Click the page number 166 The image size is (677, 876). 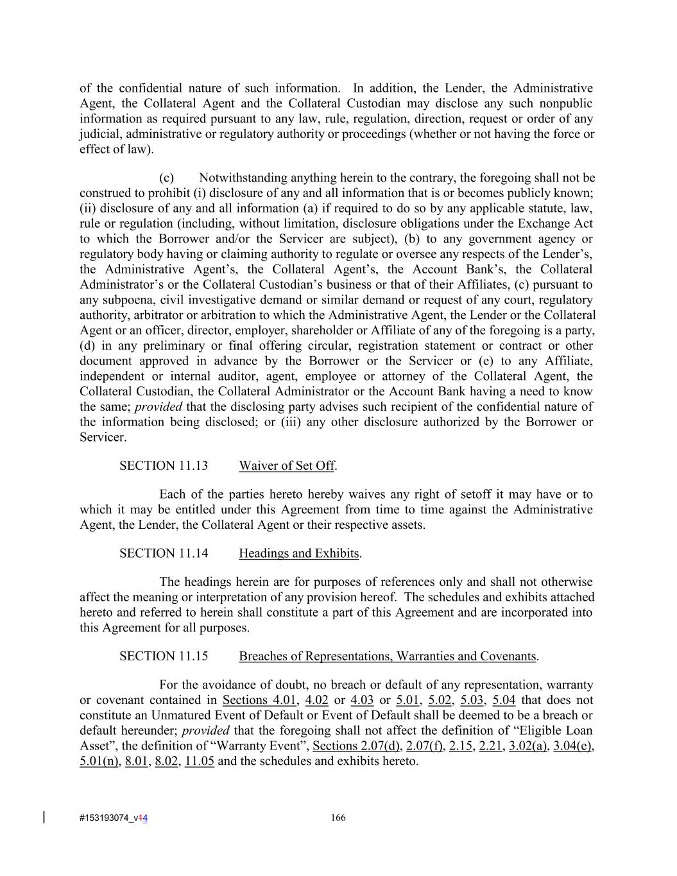tap(338, 817)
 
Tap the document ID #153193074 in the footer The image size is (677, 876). tap(106, 818)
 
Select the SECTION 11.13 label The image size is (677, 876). tap(164, 466)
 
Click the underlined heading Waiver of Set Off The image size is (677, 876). tap(287, 466)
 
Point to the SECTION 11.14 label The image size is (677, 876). tap(164, 553)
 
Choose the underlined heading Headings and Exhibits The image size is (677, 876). tap(299, 553)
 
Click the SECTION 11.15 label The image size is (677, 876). tap(164, 656)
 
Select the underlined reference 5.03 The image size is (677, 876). tap(471, 700)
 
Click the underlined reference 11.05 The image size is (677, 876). tap(200, 761)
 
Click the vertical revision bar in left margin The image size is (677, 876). tap(44, 817)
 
